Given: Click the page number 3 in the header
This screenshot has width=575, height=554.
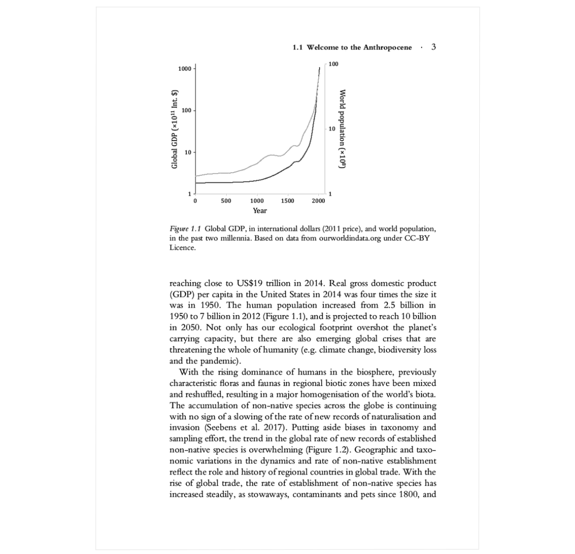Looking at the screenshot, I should click(x=433, y=46).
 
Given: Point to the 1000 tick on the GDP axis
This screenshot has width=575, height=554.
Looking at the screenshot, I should click(x=185, y=69).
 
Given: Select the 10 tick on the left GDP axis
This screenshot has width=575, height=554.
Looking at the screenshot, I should click(x=188, y=153).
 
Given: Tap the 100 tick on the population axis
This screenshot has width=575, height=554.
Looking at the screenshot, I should click(x=333, y=63).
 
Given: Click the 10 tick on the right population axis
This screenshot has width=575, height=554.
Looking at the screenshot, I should click(x=331, y=129).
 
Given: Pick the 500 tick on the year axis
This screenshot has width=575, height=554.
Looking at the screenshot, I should click(x=226, y=201).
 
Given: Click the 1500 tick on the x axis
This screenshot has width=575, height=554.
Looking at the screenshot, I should click(x=287, y=201).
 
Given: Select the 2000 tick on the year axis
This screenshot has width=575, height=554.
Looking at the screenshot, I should click(x=318, y=201).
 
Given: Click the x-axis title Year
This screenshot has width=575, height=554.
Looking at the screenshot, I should click(x=260, y=211).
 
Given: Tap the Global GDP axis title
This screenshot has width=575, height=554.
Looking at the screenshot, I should click(x=175, y=129).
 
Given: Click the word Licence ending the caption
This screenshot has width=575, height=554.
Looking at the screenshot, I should click(x=182, y=247).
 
